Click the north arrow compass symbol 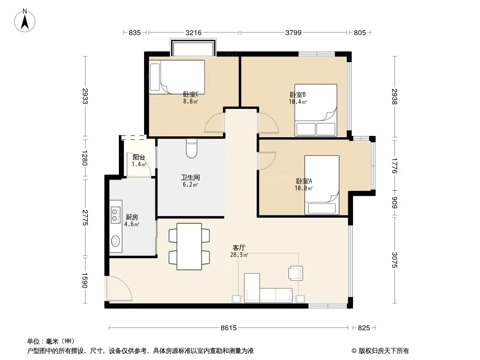tap(25, 21)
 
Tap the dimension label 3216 tap(194, 32)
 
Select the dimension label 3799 tap(293, 32)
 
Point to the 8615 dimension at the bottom tap(229, 328)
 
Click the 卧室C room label tap(191, 94)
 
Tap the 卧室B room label tap(298, 95)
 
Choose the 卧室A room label tap(304, 181)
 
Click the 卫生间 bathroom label tap(190, 177)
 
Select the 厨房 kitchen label tap(132, 217)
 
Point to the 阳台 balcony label tap(139, 157)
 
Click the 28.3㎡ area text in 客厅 tap(239, 255)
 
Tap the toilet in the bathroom tap(192, 148)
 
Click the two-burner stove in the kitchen tap(115, 214)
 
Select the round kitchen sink tap(115, 241)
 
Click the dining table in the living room tap(189, 247)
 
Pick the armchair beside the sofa tap(296, 273)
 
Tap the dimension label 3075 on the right tap(395, 260)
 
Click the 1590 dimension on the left tap(85, 280)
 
